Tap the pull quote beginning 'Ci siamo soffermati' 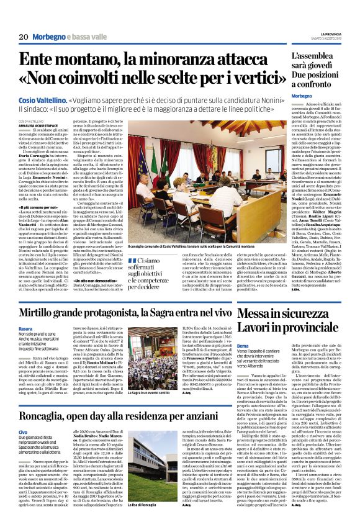(160, 257)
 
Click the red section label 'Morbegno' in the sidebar (302, 97)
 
